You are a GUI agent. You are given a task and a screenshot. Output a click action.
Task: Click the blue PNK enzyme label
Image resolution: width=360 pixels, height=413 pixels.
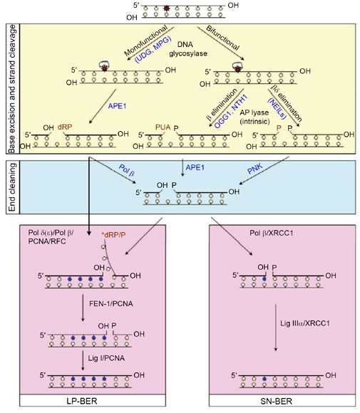tap(255, 169)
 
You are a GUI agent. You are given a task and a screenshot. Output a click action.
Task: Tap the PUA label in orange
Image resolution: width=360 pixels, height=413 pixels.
tap(163, 127)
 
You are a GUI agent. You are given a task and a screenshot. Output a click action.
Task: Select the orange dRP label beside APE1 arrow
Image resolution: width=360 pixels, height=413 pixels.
tap(65, 127)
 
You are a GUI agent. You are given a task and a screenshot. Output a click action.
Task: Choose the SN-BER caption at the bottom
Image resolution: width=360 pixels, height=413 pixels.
tap(276, 401)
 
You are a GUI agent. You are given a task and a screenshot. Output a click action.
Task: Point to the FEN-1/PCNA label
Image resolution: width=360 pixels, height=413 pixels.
tap(111, 303)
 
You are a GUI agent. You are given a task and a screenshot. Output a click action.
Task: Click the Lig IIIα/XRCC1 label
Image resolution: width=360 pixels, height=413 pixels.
tap(305, 323)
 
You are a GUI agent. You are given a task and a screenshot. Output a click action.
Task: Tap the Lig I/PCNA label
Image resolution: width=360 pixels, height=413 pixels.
tap(106, 358)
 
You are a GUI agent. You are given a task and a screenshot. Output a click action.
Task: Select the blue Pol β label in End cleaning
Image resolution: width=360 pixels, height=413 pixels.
tap(127, 170)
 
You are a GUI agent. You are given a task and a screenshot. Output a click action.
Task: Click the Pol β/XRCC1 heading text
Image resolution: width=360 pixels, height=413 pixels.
tap(271, 233)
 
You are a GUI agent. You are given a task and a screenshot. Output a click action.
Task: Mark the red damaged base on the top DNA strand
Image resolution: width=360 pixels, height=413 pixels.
tap(166, 8)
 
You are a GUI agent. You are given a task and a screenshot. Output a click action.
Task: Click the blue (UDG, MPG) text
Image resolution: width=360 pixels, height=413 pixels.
tap(153, 49)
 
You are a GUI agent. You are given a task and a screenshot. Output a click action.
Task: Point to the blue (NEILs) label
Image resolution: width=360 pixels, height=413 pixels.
tap(277, 108)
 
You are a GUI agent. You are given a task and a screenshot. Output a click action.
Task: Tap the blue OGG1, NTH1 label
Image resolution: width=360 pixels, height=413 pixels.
tap(231, 111)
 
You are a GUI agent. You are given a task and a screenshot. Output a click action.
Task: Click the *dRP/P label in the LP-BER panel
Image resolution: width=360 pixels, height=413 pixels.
tap(113, 235)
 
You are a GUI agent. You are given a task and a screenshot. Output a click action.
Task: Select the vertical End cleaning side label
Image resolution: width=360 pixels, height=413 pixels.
tap(12, 187)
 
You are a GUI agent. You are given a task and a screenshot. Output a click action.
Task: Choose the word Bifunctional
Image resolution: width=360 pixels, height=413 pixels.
tap(222, 38)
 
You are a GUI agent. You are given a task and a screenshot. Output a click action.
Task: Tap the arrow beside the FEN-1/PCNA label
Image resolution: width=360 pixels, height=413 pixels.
tap(83, 308)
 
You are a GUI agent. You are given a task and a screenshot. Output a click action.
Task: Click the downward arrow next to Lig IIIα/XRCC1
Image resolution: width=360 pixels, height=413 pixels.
tap(276, 328)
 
